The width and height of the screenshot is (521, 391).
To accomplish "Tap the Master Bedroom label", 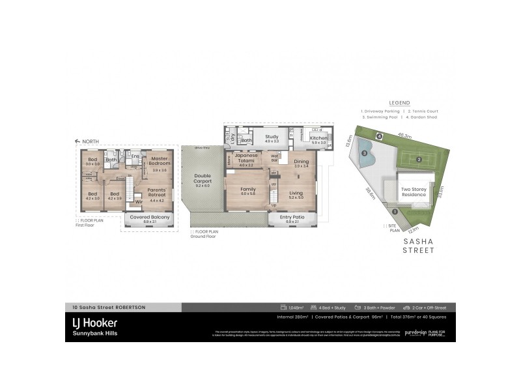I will point(160,161).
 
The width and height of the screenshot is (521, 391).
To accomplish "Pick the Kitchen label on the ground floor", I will point(318,138).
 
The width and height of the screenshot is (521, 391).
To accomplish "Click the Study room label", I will point(272,137).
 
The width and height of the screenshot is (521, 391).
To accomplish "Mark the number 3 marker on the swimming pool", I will point(365,154).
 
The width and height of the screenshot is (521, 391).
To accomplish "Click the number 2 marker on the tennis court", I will point(419,158).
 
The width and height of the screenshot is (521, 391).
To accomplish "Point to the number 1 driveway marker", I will point(394,211).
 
